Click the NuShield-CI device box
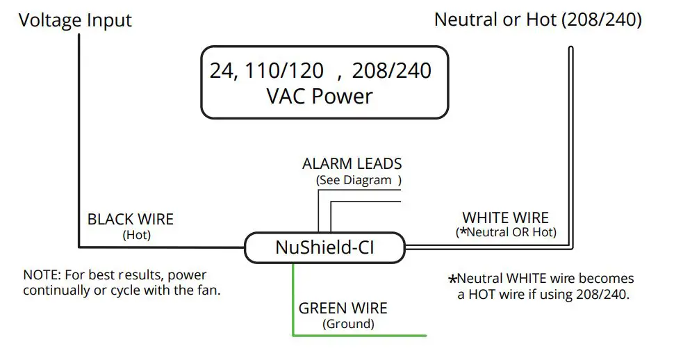coord(324,247)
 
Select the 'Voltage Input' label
coord(75,20)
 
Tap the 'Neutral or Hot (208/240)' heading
coord(538,19)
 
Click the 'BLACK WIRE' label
coord(131,220)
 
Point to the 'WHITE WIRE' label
coord(505,218)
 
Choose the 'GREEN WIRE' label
coord(343,309)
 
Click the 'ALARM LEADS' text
coord(352,164)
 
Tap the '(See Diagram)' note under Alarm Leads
coord(359,180)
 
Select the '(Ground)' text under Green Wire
coord(348,324)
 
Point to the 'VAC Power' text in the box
coord(320,96)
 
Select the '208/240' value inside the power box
coord(391,71)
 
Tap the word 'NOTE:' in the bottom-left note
coord(41,275)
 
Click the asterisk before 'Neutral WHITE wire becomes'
coord(452,279)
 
